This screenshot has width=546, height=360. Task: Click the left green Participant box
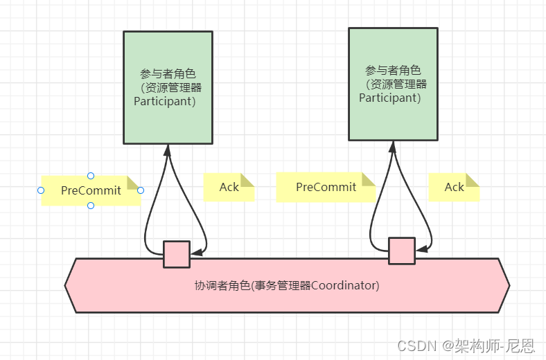click(168, 87)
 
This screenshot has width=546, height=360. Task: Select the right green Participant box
click(393, 83)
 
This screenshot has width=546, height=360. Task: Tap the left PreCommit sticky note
click(91, 190)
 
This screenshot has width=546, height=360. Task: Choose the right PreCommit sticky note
click(326, 187)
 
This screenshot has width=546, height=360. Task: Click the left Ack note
click(229, 187)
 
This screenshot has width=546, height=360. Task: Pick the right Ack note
click(454, 187)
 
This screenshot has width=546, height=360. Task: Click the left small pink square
click(176, 254)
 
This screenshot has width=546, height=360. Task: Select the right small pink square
click(401, 251)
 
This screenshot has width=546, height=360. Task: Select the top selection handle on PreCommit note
click(91, 176)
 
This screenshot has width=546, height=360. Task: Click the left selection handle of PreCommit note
click(41, 190)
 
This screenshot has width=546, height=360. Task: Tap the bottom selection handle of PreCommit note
click(91, 206)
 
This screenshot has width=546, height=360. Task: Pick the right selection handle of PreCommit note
click(141, 190)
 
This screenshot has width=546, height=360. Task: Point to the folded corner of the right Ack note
click(473, 180)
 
